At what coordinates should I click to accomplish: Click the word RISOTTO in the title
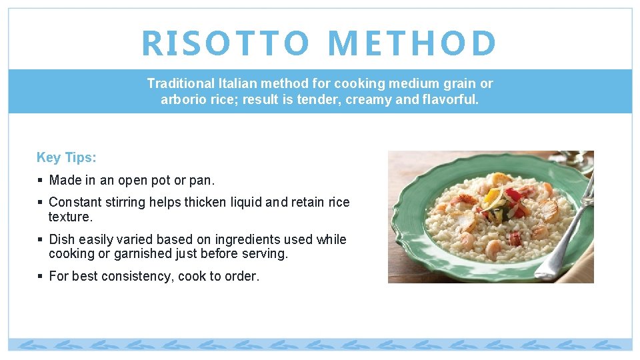coord(225,43)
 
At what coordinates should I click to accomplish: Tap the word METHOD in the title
coord(413,43)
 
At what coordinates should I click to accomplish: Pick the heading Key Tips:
coord(66,157)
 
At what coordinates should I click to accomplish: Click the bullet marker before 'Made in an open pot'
coord(40,181)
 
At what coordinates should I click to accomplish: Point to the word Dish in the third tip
coord(62,239)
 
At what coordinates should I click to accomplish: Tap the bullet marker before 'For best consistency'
coord(40,277)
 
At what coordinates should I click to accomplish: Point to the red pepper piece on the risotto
coord(514,196)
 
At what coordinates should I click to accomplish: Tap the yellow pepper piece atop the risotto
coord(491,195)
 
